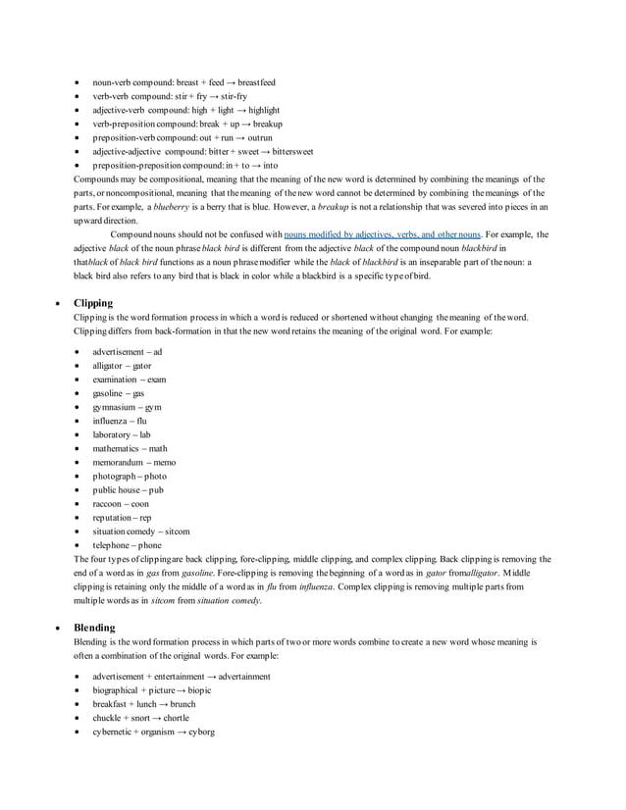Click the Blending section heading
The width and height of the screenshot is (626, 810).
[94, 628]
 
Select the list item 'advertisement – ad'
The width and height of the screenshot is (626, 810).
[127, 351]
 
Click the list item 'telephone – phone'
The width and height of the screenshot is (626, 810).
[127, 545]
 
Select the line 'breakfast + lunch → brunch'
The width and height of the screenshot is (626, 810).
[143, 704]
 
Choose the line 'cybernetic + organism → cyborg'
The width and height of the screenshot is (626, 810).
[153, 732]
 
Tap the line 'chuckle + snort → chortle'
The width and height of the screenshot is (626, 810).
[140, 718]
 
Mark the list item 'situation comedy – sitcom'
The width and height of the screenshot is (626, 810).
[141, 531]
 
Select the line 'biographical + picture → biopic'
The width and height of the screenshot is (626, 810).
[151, 690]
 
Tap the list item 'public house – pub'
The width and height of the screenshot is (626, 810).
[128, 489]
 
